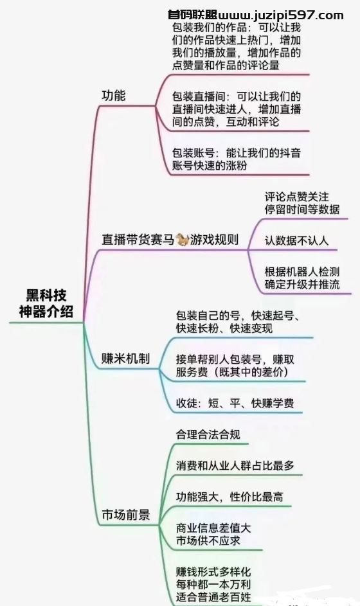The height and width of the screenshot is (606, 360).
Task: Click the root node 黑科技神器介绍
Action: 46,303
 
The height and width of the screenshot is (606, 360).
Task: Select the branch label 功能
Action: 114,96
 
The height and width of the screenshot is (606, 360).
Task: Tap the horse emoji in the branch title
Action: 182,240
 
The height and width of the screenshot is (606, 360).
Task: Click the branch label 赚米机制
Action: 125,359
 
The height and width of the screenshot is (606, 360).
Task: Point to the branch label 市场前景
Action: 125,515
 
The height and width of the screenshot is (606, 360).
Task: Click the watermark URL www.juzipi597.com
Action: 281,15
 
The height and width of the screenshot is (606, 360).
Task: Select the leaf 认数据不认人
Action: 296,241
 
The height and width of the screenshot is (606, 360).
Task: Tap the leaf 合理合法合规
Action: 208,434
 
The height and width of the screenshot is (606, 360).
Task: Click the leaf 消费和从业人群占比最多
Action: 235,465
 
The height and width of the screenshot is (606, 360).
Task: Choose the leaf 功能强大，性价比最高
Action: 230,497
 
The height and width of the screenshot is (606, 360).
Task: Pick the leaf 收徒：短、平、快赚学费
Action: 235,403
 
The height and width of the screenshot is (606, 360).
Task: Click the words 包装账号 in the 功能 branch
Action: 194,153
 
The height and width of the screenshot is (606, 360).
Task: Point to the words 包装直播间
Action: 199,96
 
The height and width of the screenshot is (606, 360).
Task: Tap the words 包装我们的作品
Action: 209,28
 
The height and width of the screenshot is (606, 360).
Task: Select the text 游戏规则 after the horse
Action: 214,240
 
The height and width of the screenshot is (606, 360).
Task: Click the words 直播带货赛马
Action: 138,240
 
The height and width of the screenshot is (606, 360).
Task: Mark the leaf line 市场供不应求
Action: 208,540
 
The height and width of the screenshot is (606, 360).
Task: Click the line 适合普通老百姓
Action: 213,596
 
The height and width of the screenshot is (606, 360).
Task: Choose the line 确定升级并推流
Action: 302,285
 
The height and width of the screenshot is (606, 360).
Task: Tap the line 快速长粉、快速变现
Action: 224,328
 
